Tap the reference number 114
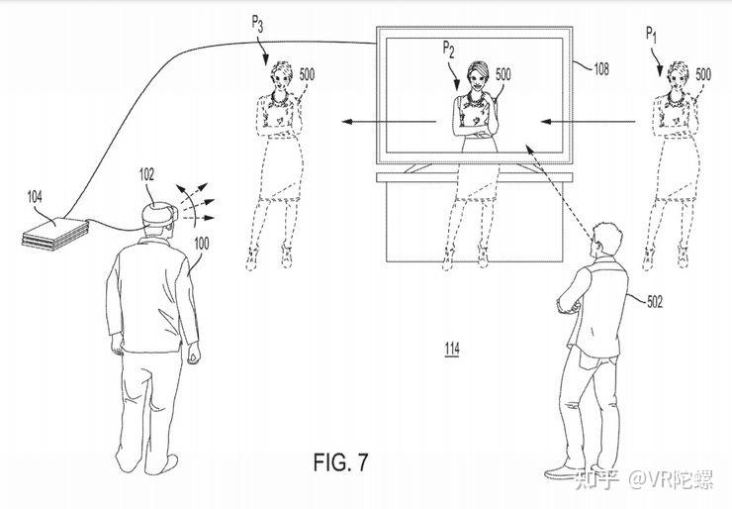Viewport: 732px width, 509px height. pyautogui.click(x=451, y=349)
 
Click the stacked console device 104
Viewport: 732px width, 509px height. pyautogui.click(x=54, y=231)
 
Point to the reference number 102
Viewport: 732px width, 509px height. pyautogui.click(x=146, y=172)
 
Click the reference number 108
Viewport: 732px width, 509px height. pyautogui.click(x=601, y=68)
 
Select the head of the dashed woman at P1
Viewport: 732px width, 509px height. pyautogui.click(x=678, y=75)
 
